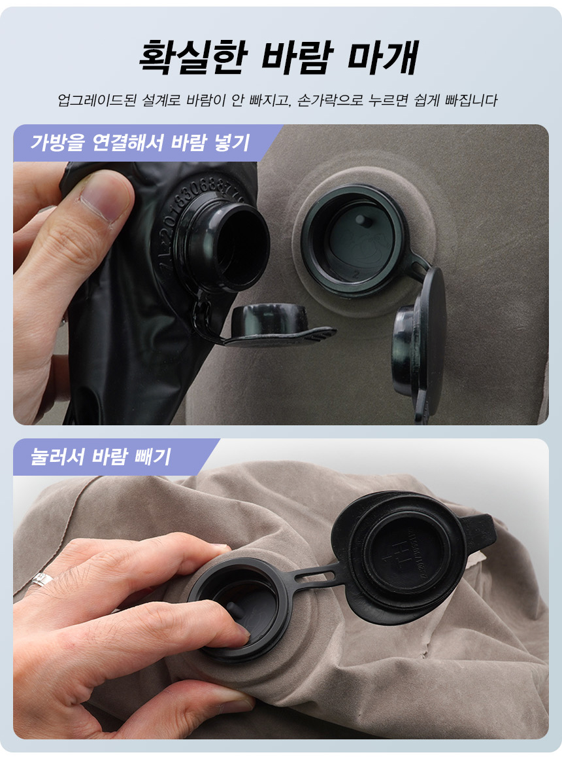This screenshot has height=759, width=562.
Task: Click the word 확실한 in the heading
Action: coord(193,57)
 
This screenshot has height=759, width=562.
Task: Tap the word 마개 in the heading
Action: coord(382,57)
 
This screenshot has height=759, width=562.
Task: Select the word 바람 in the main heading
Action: coord(297,57)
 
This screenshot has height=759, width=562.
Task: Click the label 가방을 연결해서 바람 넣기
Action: coord(140,143)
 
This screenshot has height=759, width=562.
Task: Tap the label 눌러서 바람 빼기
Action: coord(101,457)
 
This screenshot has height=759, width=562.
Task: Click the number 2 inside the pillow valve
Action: coord(356,274)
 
